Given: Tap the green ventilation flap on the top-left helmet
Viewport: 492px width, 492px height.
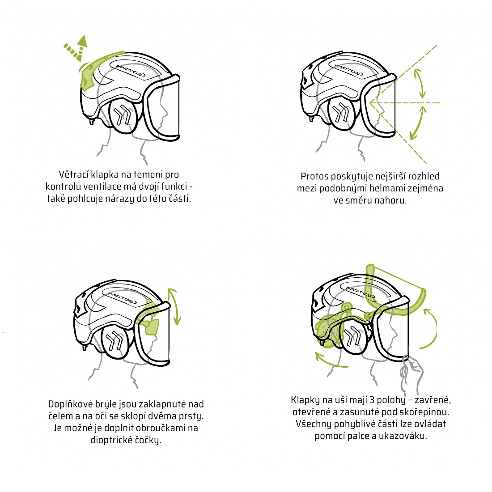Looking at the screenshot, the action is pos(94,68).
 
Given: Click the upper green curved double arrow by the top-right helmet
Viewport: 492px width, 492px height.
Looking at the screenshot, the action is pos(420,83).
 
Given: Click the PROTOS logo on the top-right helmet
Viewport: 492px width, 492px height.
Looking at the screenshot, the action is pos(348,70).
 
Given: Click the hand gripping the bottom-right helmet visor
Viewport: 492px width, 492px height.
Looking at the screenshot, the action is pos(411,373).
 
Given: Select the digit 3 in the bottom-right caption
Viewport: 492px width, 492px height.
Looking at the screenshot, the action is pos(372,400).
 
